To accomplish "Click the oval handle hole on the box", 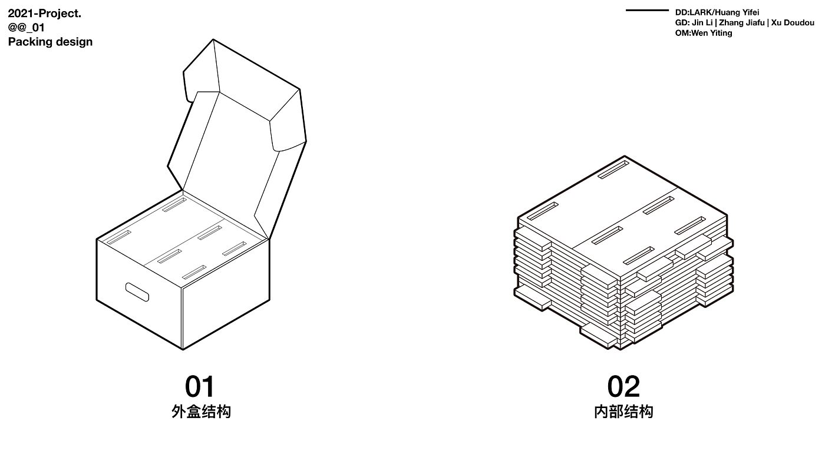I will click(137, 291).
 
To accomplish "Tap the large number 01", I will click(200, 387).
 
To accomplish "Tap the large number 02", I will click(623, 387).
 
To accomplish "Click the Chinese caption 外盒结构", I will click(201, 412).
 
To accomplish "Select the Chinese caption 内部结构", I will click(623, 412).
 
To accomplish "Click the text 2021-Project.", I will click(45, 14).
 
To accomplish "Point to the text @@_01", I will click(27, 28).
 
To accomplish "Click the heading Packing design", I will click(50, 42).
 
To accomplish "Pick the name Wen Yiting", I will click(712, 33).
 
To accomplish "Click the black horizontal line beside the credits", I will click(647, 11).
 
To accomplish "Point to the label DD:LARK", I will click(693, 12).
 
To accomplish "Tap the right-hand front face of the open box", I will click(226, 294).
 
